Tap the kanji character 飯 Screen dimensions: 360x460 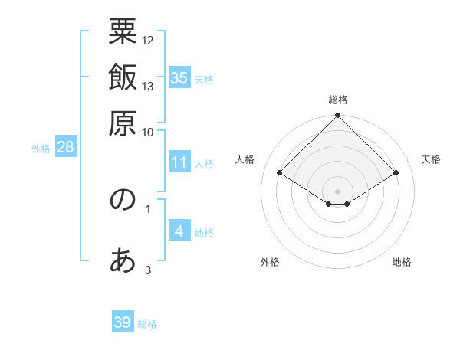pos(123,78)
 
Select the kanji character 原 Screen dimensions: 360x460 pos(123,124)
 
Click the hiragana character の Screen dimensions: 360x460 pos(123,201)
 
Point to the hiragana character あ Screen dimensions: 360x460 pos(123,262)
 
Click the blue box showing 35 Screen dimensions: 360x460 pos(179,78)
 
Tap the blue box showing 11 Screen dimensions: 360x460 pos(179,162)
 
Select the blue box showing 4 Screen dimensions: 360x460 pos(179,231)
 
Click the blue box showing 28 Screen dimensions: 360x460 pos(65,148)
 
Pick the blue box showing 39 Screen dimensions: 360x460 pos(123,322)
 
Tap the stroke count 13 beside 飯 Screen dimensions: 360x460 pos(148,86)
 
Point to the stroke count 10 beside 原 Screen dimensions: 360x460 pos(148,132)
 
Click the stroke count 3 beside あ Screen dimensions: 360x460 pos(148,270)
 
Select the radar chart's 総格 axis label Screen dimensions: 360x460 pos(337,100)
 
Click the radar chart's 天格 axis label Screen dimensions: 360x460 pos(431,159)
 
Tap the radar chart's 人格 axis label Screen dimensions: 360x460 pos(245,159)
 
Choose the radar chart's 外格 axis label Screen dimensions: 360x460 pos(270,262)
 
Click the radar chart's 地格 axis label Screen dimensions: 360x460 pos(402,262)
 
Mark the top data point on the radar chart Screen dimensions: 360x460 pos(337,116)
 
